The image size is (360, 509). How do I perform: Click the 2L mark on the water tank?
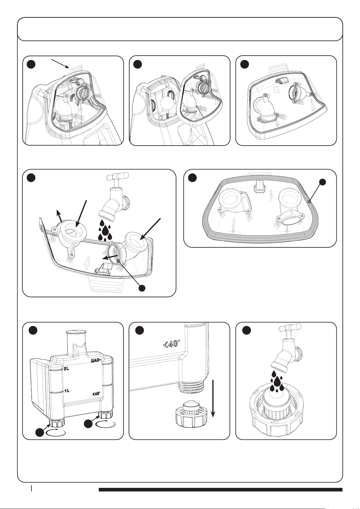pyautogui.click(x=66, y=369)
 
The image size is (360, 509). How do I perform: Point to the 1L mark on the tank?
pyautogui.click(x=67, y=390)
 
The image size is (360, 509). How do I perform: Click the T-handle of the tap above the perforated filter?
pyautogui.click(x=290, y=327)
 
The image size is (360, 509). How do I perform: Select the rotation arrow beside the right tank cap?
pyautogui.click(x=105, y=424)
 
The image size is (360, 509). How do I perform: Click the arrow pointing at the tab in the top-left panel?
pyautogui.click(x=61, y=65)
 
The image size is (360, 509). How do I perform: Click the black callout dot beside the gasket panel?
pyautogui.click(x=323, y=182)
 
